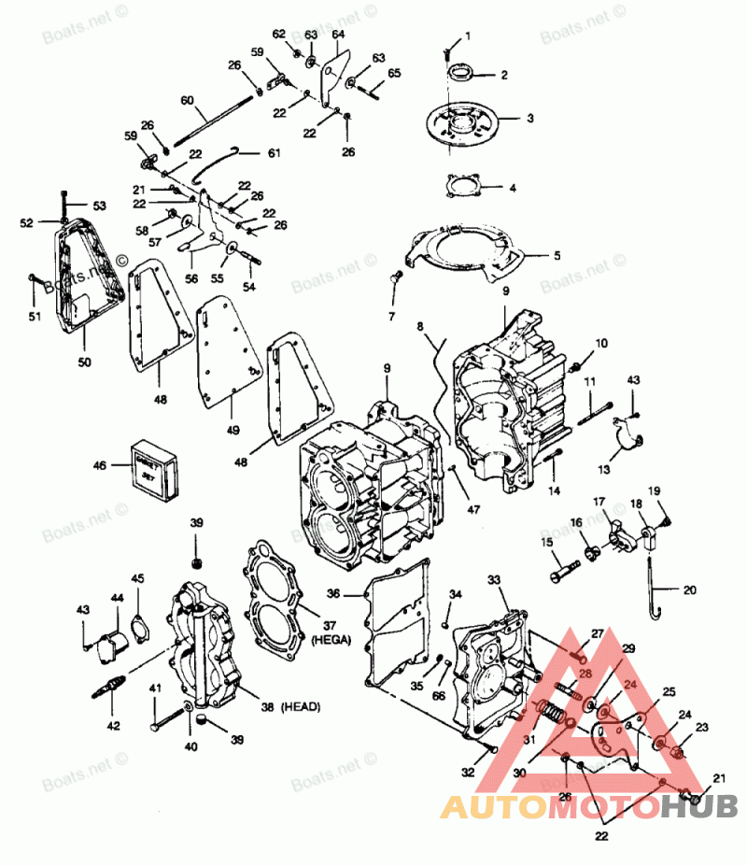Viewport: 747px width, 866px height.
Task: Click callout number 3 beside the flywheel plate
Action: [x=529, y=119]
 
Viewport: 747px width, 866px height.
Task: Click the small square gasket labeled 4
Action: [x=466, y=186]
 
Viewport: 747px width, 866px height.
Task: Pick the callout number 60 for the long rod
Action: [x=187, y=100]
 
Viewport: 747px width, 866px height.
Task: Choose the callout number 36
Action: [x=333, y=593]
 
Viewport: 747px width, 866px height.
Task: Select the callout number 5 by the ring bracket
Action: [x=557, y=255]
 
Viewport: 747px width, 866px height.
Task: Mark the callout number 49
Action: [x=232, y=430]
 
